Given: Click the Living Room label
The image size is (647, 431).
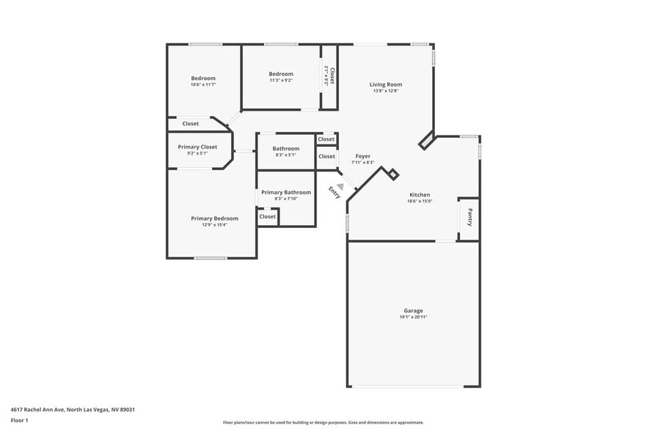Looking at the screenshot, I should point(385,84).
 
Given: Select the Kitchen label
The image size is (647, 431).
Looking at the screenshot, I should point(420,195).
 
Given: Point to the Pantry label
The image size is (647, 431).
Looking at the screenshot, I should point(469,218).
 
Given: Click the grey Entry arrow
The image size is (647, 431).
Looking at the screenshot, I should point(340,186).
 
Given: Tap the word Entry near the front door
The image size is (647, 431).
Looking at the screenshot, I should point(335,192).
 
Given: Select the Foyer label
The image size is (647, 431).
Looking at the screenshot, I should point(362,156).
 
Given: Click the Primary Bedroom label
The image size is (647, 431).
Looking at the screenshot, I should point(214,218).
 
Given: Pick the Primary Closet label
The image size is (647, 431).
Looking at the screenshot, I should point(197,147).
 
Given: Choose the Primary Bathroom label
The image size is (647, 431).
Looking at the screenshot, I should point(286,192).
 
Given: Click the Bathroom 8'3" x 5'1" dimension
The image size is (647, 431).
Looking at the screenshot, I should point(285,155).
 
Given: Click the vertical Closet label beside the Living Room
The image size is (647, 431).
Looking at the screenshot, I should point(332,76).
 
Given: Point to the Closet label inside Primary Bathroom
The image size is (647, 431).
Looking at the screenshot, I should point(268,216).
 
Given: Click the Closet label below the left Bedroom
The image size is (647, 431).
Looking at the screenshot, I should point(191,124).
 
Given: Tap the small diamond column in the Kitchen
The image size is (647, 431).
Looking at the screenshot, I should point(393,174).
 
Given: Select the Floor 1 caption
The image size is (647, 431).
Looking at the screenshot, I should point(19,420).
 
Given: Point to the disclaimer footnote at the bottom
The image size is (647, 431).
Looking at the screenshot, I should point(323,422).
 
